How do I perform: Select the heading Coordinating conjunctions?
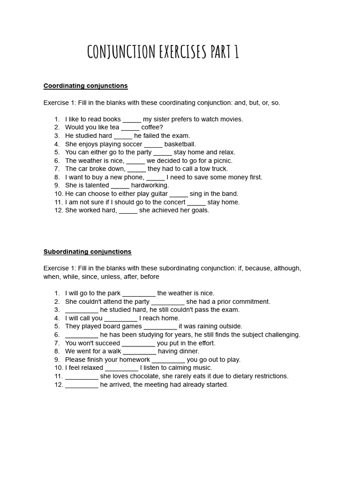[85, 86]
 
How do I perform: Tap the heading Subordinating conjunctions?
[87, 252]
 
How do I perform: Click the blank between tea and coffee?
[130, 127]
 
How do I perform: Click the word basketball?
[180, 144]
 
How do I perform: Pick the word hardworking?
[150, 186]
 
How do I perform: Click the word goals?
[200, 210]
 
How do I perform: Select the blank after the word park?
[139, 293]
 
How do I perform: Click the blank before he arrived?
[82, 385]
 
